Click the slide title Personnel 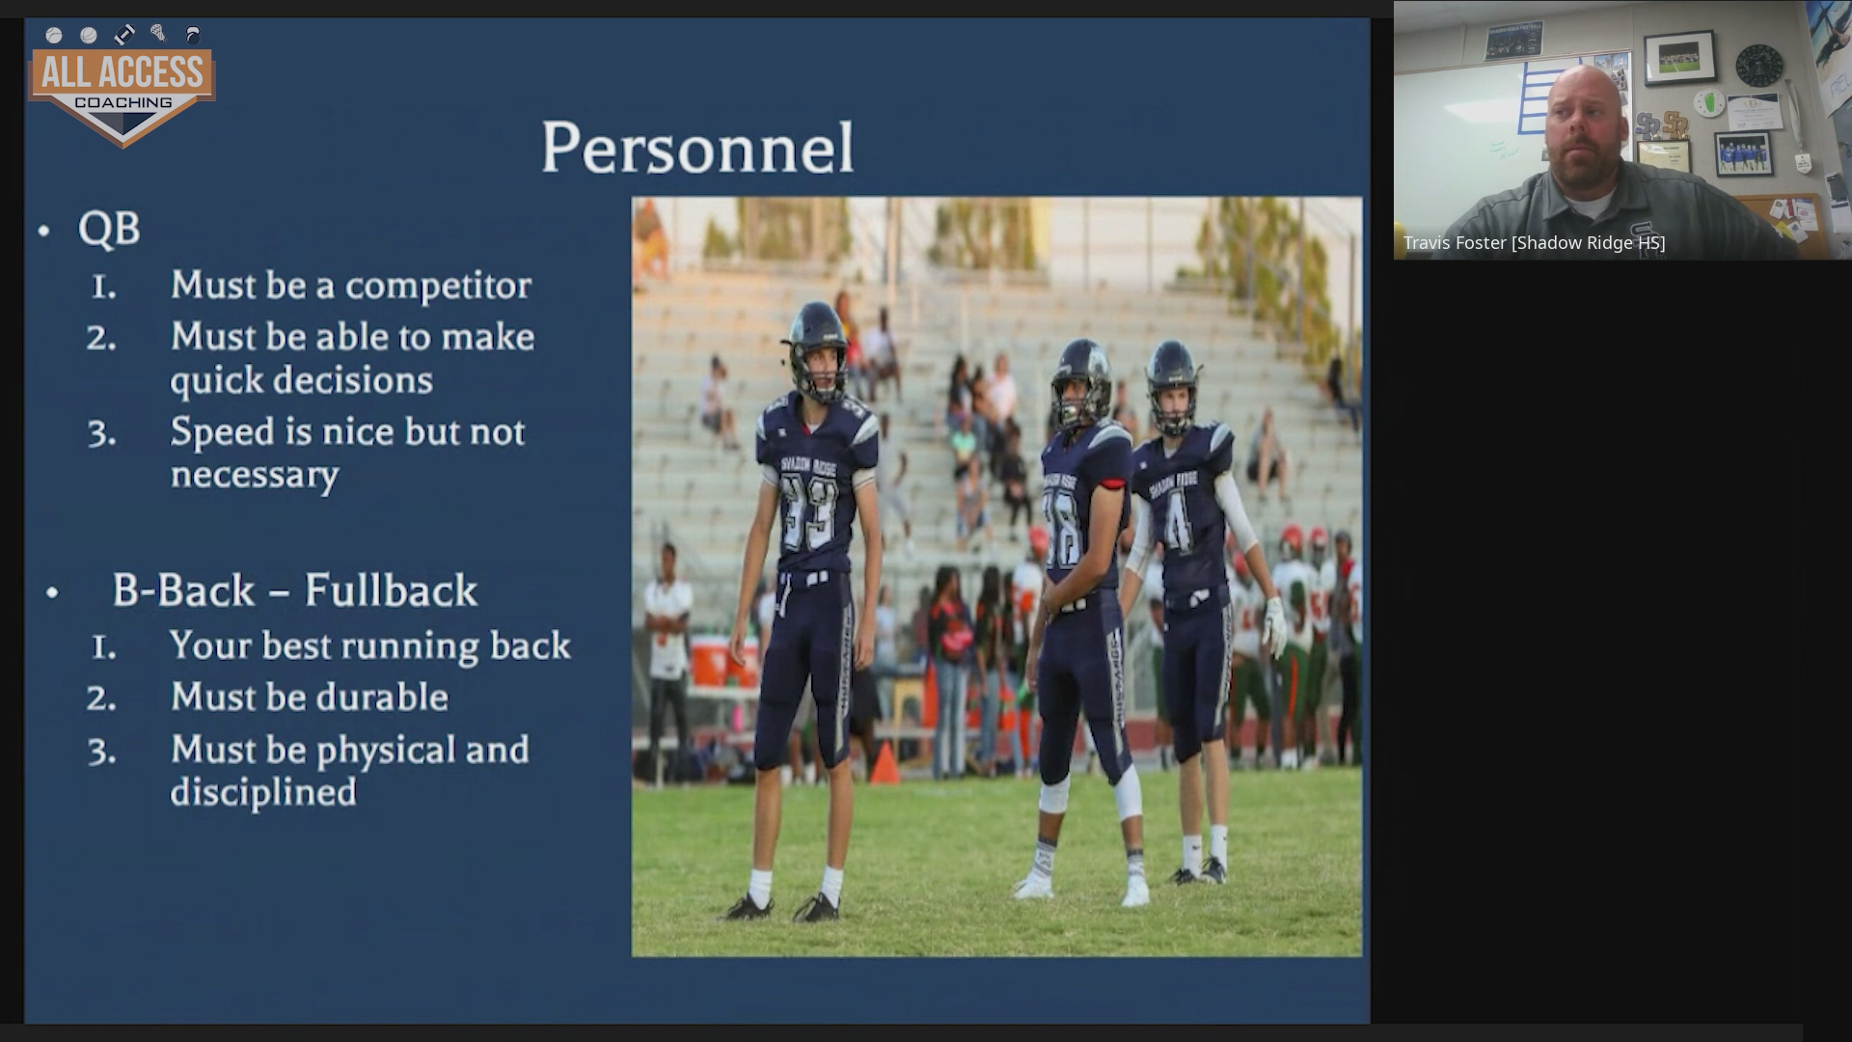[697, 148]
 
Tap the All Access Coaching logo [123, 86]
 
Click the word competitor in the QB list [438, 286]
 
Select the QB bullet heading [109, 230]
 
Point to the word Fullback [391, 590]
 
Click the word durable [383, 697]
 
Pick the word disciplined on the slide [263, 793]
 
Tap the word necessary [255, 476]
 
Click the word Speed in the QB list [222, 432]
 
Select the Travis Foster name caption [1534, 243]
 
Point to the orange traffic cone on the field [885, 762]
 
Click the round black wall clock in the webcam [1759, 66]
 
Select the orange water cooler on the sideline [712, 662]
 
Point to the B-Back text [183, 590]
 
